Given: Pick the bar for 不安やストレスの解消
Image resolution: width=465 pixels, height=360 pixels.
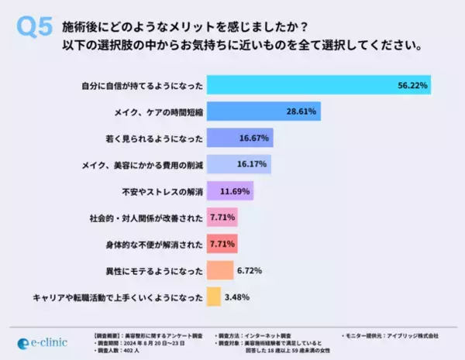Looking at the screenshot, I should (230, 190).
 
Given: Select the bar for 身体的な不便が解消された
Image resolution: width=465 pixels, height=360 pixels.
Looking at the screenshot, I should (221, 244).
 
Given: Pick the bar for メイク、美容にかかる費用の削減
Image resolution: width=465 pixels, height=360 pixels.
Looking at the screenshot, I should (228, 164).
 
